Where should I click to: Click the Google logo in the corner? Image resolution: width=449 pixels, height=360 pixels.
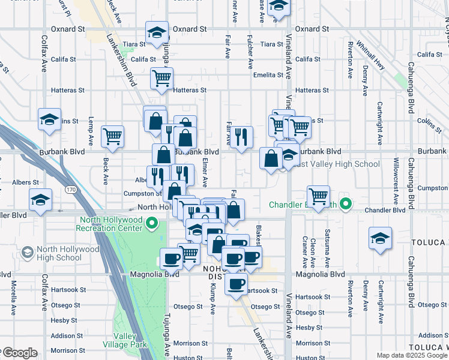coord(19,353)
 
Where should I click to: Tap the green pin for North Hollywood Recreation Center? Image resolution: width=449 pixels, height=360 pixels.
coord(152,226)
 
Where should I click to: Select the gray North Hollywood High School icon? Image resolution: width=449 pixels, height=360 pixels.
coord(27,253)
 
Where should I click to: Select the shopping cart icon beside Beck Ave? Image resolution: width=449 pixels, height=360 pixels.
coord(112,136)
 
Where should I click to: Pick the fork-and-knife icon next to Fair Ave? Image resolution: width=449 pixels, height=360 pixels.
coord(243,137)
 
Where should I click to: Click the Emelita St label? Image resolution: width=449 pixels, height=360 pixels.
coord(268,75)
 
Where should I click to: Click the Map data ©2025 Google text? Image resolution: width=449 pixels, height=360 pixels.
coord(411,355)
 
